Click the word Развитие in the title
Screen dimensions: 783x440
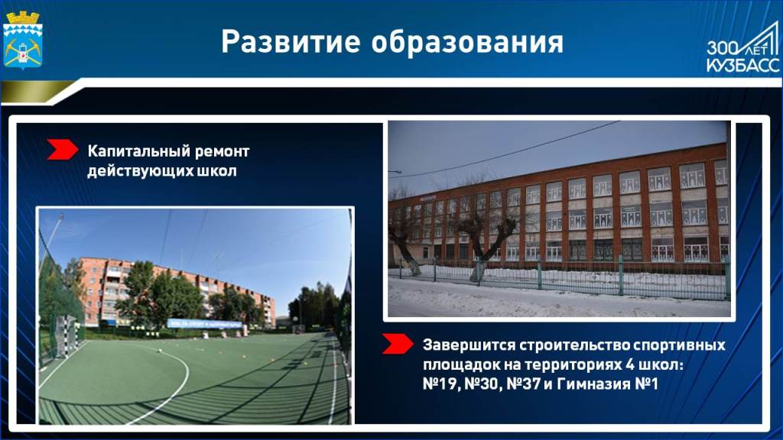pos(291,41)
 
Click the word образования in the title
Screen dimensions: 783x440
pos(467,42)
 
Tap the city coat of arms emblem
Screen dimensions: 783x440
pos(23,39)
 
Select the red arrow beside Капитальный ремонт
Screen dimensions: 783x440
pos(63,150)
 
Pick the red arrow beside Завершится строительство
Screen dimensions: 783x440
pos(398,344)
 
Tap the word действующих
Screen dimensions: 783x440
pos(140,172)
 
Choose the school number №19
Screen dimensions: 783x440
pos(440,384)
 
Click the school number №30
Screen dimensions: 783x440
pos(483,384)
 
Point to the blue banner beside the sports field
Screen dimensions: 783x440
pos(205,323)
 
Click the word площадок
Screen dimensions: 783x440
pos(460,365)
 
